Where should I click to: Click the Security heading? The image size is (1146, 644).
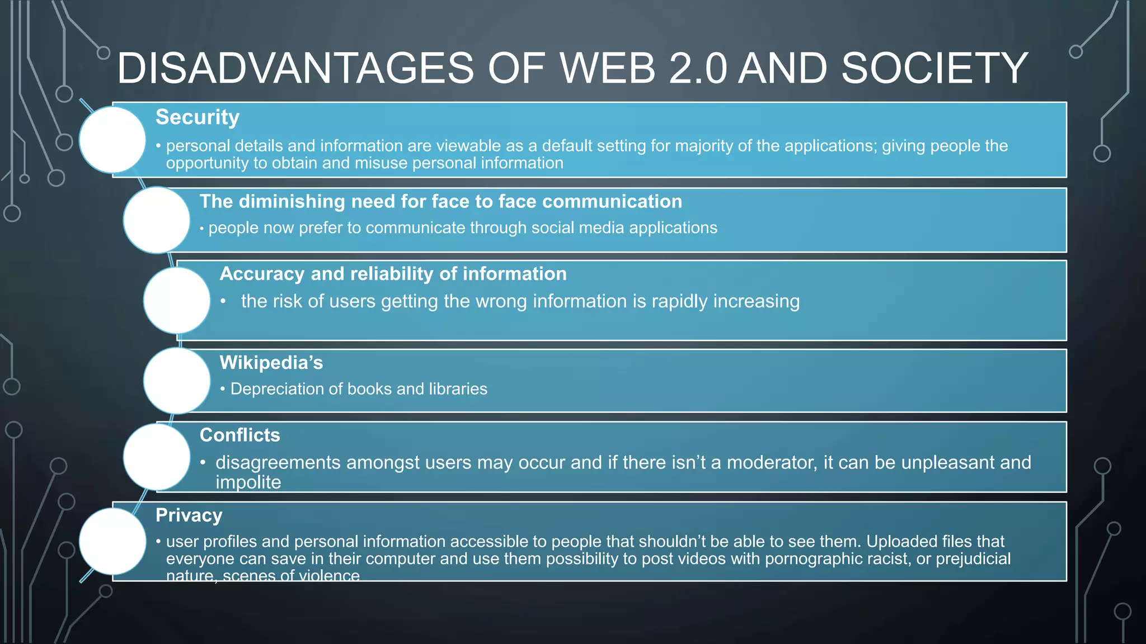(x=198, y=117)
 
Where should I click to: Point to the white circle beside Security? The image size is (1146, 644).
(x=112, y=140)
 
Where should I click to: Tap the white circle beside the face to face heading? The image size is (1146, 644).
(x=157, y=220)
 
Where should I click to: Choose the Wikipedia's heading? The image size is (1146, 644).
(x=271, y=363)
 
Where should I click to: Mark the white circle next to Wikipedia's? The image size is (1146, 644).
(x=177, y=381)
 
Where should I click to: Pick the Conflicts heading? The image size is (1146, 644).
(x=239, y=435)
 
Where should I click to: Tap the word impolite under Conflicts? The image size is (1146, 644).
(x=248, y=482)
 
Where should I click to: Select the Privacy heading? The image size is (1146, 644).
(x=189, y=515)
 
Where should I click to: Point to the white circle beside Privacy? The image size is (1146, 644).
(x=112, y=541)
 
